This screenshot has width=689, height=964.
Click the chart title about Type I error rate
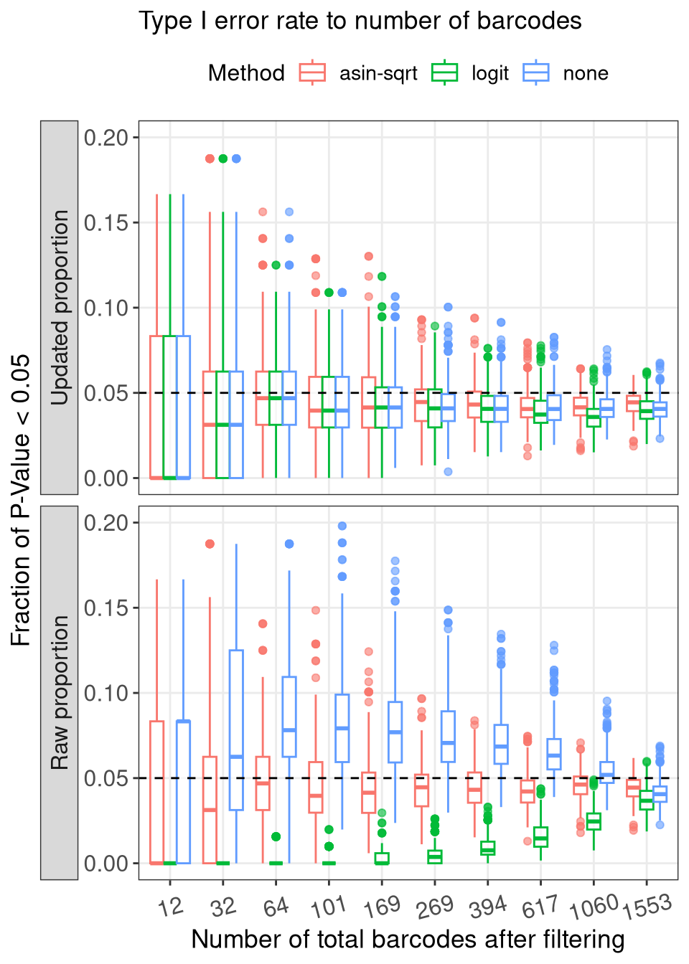click(360, 21)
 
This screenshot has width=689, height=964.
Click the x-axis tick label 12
click(170, 907)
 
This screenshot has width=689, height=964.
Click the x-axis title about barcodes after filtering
click(408, 939)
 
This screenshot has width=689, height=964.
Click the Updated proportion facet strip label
click(60, 307)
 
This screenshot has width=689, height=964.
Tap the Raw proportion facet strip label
click(60, 692)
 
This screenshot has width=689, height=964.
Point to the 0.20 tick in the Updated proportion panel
click(111, 137)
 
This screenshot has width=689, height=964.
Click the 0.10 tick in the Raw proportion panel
click(111, 693)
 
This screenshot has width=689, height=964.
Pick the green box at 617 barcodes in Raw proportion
click(540, 837)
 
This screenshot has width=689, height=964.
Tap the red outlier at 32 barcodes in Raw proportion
click(210, 544)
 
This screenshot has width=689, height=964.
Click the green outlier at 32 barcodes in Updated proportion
click(223, 159)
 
